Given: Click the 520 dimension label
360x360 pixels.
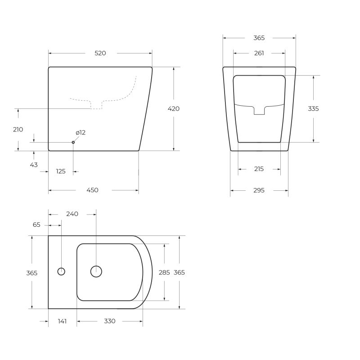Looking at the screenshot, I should pos(100,53).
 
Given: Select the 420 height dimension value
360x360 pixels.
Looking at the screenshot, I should pos(174,108).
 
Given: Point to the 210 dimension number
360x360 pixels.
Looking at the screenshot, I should pos(18,130).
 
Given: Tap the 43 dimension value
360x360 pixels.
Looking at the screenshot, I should pos(34,165).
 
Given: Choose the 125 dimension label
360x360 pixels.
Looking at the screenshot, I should pos(61,171).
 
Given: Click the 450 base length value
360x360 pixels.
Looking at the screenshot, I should pos(92,190).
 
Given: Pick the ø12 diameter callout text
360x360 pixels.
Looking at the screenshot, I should pos(81,133).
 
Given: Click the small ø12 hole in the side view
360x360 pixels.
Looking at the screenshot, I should pos(73,142).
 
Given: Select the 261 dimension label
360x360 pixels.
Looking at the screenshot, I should pos(259,53).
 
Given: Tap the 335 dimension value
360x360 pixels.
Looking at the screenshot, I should pos(313,108).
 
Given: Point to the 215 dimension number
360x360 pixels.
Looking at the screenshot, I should pos(259,169).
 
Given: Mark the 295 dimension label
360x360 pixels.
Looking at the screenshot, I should pos(259,190).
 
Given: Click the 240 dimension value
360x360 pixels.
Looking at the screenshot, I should pos(72,214).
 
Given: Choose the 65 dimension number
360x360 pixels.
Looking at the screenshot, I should pos(36,224).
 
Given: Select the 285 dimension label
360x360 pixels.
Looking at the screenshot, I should pos(164,272).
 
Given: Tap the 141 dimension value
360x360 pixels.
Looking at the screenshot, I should pos(63,321).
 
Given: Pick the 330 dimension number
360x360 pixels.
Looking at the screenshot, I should pos(110,321).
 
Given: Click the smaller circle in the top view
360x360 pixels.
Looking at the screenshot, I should pos(62,271).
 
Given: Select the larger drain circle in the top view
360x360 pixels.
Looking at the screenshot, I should pos(96,271).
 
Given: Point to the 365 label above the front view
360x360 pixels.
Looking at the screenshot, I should pos(259,38).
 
